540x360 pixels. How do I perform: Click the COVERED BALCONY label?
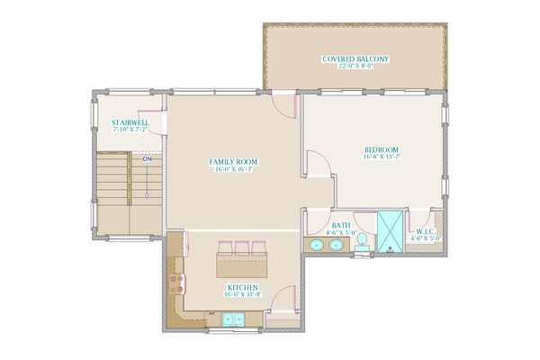tap(355, 58)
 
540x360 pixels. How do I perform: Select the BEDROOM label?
tap(382, 149)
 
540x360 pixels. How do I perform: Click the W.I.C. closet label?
tap(423, 232)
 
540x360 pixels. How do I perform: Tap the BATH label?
tap(341, 226)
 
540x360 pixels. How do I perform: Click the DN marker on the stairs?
tap(146, 158)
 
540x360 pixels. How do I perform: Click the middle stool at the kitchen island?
tap(241, 247)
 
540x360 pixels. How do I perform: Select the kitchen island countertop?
tap(240, 265)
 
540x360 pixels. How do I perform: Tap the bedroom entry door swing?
tap(317, 162)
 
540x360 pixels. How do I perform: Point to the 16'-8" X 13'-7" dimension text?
tap(382, 157)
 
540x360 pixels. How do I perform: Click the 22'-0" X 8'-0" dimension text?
tap(355, 67)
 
